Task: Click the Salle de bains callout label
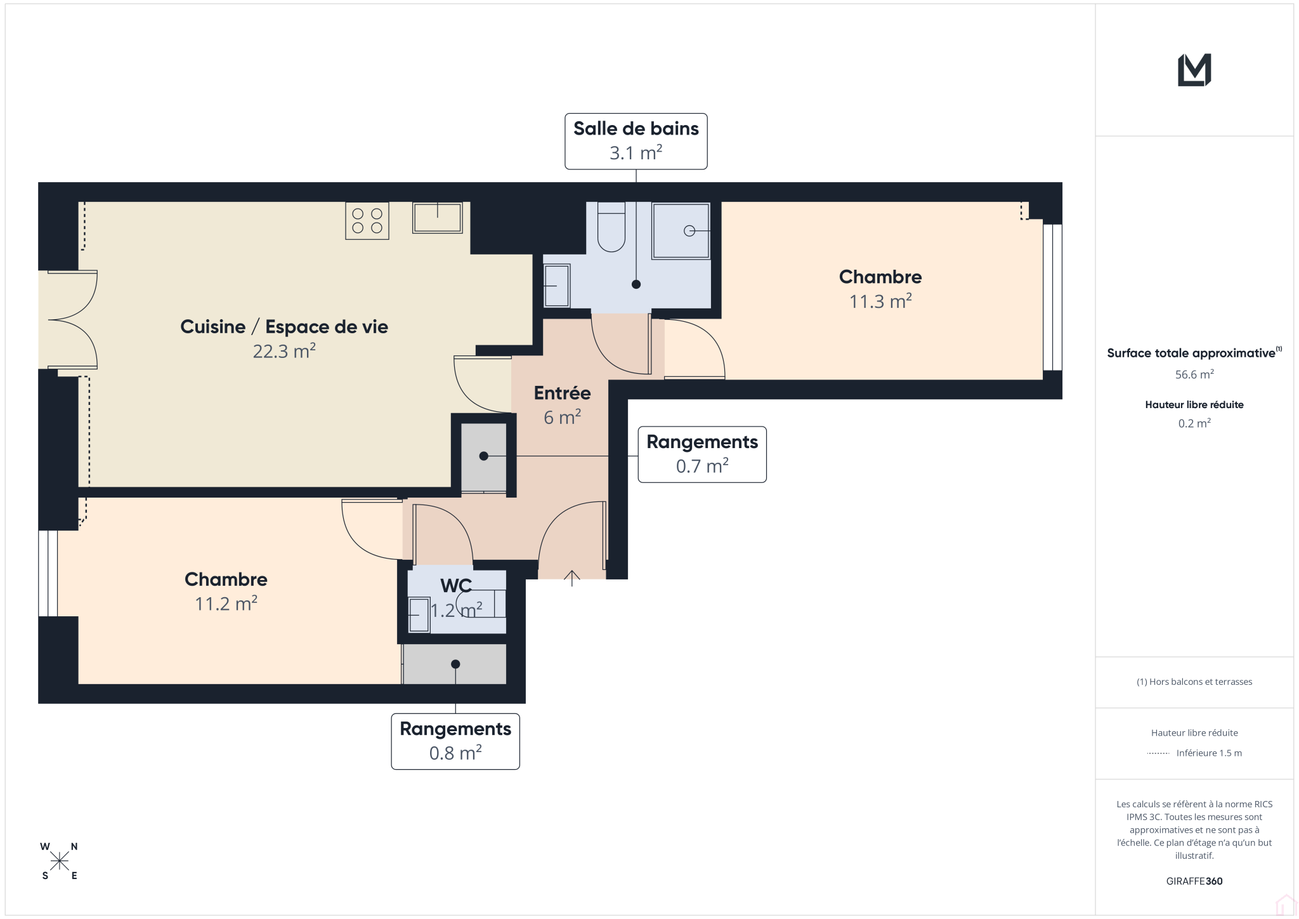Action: tap(636, 141)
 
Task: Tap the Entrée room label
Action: tap(562, 393)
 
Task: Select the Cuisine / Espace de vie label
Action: tap(284, 326)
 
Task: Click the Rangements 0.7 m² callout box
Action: tap(702, 454)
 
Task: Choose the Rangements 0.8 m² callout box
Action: tap(455, 741)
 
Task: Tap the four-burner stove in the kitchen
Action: tap(367, 221)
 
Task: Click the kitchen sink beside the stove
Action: tap(438, 218)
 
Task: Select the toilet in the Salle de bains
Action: tap(611, 227)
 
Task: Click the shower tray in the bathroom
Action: tap(681, 231)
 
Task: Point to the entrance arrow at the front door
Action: tap(571, 578)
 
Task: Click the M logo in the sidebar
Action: tap(1194, 70)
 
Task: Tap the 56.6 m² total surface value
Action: tap(1194, 374)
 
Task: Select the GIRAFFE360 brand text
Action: tap(1194, 881)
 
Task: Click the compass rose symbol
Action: tap(60, 861)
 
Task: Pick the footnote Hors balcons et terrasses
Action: tap(1194, 682)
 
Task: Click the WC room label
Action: tap(456, 585)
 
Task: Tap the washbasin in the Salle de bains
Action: tap(556, 286)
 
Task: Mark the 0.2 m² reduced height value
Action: tap(1194, 423)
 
